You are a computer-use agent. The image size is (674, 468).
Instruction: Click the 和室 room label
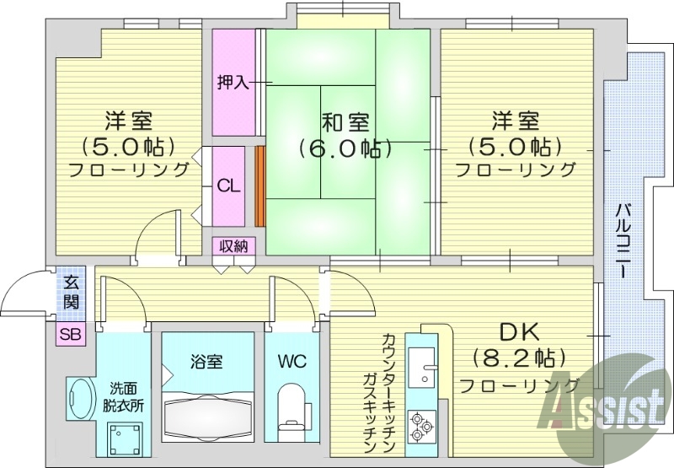[344, 121]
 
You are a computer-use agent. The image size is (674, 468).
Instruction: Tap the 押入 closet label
[233, 83]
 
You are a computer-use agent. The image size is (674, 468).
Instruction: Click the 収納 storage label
[233, 245]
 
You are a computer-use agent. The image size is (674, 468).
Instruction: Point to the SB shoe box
[71, 334]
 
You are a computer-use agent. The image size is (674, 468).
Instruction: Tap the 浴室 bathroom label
[207, 363]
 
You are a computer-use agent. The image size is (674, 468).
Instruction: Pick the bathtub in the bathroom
[207, 415]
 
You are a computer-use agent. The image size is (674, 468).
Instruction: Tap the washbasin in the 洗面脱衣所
[81, 400]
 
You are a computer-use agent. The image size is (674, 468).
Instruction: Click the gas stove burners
[420, 426]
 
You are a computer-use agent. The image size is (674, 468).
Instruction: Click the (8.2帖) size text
[518, 358]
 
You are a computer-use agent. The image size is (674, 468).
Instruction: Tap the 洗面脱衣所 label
[124, 396]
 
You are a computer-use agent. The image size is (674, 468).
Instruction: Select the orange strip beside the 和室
[259, 186]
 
